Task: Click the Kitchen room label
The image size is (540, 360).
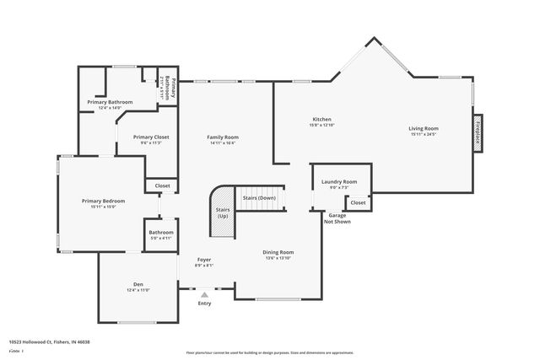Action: click(321, 120)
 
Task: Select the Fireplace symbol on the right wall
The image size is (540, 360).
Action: click(478, 133)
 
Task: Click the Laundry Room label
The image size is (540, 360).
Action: click(339, 181)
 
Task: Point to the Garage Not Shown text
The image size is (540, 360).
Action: click(338, 218)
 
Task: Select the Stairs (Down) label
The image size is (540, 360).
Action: click(259, 197)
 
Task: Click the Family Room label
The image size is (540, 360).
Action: click(224, 137)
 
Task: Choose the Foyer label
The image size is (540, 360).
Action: click(204, 259)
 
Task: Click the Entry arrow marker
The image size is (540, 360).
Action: click(204, 293)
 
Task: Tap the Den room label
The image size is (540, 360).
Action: click(138, 284)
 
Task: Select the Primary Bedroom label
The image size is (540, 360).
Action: click(103, 201)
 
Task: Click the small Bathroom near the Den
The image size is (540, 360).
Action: click(161, 233)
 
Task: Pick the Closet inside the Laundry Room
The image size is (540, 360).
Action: click(358, 202)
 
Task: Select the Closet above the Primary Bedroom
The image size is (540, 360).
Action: click(162, 185)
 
